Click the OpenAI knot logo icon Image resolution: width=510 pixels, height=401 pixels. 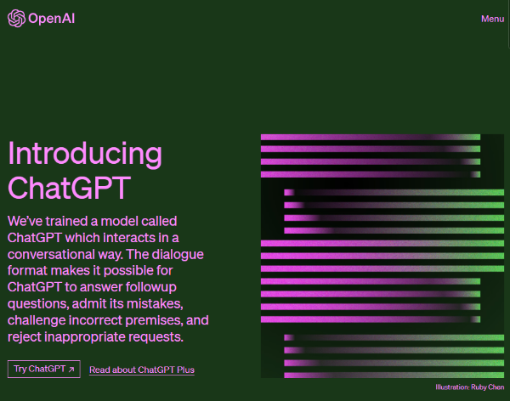coord(17,19)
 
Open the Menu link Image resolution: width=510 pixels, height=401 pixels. coord(492,19)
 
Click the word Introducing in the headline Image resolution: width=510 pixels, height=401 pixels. coord(84,154)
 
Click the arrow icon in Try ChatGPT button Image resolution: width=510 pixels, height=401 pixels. coord(71,370)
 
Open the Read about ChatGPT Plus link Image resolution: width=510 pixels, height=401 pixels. coord(141,370)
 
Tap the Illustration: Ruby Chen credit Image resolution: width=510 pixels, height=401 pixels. coord(469,387)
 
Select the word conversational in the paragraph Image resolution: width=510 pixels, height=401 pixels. coord(56,255)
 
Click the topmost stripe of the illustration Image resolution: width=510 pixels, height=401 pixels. coord(370,137)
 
